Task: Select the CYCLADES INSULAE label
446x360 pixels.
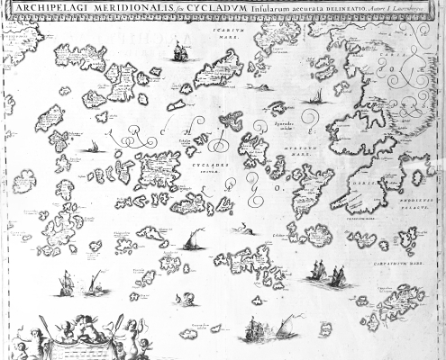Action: pos(205,166)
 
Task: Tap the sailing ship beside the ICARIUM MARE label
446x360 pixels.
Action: pos(180,52)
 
